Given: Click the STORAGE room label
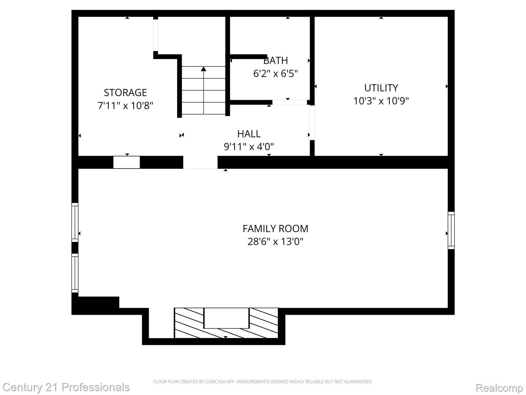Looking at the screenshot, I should (x=125, y=93).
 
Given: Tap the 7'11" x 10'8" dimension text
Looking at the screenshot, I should (x=125, y=106).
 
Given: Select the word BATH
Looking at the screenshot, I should (x=276, y=61).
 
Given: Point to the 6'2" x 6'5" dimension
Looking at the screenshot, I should (x=275, y=74).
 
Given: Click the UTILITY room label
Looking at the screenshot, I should (x=381, y=88).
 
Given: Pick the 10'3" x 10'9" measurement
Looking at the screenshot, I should (x=381, y=101).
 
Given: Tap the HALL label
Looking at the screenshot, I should (x=249, y=134).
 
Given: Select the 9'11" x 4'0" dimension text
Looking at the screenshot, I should (x=249, y=147).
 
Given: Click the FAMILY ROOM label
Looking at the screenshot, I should (x=275, y=229).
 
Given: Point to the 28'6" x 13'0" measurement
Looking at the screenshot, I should (x=275, y=242).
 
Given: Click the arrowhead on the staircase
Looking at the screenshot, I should (x=203, y=69).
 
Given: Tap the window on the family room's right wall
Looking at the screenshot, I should (x=451, y=230).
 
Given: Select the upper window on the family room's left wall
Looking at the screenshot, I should (x=75, y=222).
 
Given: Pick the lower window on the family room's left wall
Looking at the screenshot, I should (x=75, y=273).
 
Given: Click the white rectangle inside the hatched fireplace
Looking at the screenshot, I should (x=226, y=318).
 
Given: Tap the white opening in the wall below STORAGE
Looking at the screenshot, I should (x=127, y=162).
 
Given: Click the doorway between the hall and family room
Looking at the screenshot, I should (x=200, y=162).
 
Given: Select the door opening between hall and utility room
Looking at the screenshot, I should (x=312, y=123).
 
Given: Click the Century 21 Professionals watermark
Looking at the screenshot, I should (x=66, y=387).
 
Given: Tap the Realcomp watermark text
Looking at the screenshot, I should (x=499, y=388).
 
